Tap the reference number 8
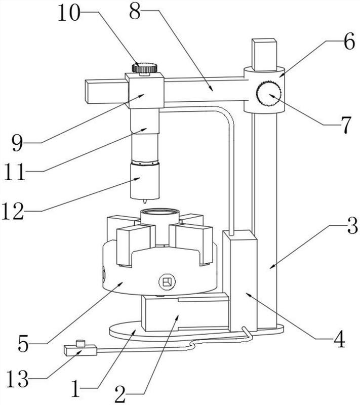(x=135, y=11)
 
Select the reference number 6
(x=349, y=42)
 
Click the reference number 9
(x=18, y=143)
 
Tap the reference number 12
(x=13, y=211)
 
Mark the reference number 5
(x=23, y=343)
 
